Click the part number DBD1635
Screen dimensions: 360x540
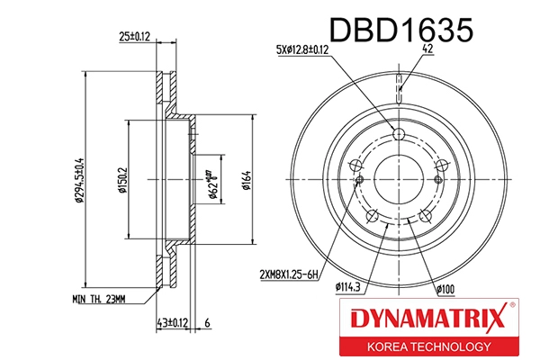[402, 30]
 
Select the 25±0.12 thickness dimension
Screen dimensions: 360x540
[134, 39]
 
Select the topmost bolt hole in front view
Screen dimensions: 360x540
[400, 135]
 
